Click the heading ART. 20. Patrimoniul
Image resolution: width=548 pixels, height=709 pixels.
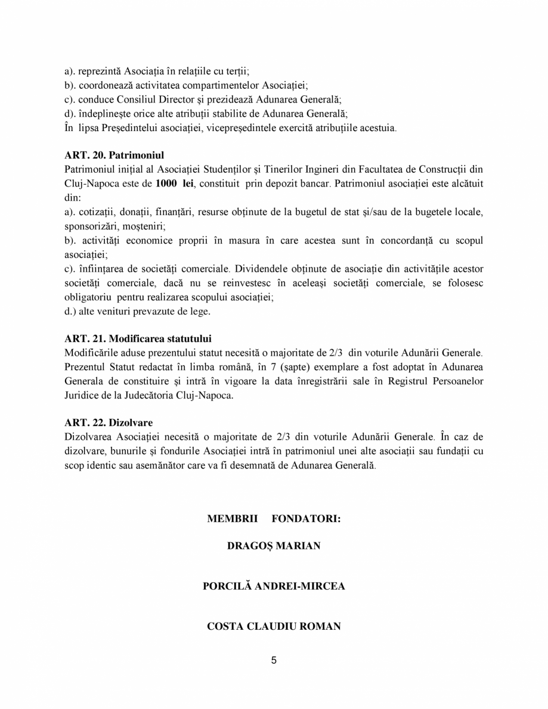coord(114,156)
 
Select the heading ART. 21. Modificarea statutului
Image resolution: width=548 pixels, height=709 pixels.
coord(138,339)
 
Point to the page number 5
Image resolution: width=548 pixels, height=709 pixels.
coord(274,660)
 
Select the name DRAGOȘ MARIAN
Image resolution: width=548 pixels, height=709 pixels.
coord(274,546)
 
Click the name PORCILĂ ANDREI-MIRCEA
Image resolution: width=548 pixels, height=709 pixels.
coord(274,586)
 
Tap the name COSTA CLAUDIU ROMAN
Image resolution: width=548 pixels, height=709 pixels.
coord(274,626)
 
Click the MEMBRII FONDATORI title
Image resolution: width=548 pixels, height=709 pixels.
coord(274,519)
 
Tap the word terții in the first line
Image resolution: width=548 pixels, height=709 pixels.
coord(252,70)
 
